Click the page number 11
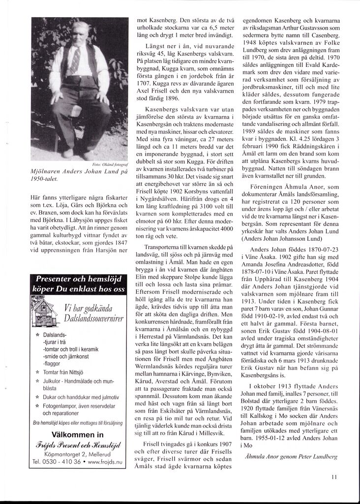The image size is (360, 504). coord(334,476)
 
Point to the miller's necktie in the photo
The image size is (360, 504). coord(76,59)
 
